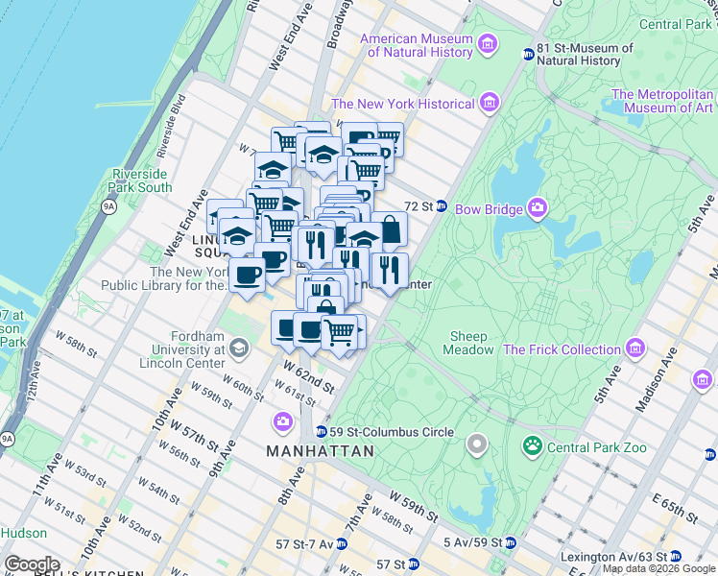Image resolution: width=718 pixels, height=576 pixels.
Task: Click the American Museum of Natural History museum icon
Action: [x=488, y=44]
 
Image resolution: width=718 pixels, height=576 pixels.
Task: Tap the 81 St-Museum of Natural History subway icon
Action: [x=527, y=54]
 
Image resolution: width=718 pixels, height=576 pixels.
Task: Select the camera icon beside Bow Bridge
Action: [x=537, y=207]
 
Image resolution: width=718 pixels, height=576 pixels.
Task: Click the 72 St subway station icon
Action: [x=442, y=206]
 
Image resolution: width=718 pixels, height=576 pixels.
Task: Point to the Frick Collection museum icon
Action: [x=634, y=348]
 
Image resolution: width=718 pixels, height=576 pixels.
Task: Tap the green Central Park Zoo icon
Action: [x=531, y=446]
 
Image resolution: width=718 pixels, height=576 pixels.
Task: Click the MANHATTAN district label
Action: [x=320, y=451]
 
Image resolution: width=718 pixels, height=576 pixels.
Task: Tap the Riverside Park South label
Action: [x=141, y=180]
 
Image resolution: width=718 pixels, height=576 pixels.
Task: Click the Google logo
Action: [x=33, y=564]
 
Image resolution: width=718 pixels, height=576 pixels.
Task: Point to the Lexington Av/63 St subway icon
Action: [x=675, y=556]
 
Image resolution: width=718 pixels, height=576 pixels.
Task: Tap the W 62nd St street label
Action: [x=308, y=376]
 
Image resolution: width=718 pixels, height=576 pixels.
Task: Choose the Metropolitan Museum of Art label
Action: [x=662, y=101]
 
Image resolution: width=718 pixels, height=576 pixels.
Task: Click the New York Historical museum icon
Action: [x=490, y=103]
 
